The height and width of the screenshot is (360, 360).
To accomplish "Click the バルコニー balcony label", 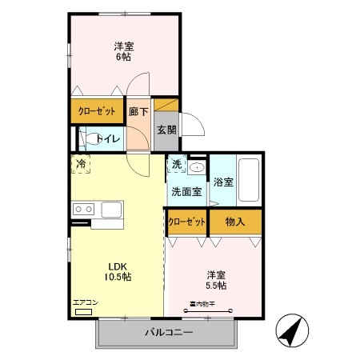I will pyautogui.click(x=168, y=332).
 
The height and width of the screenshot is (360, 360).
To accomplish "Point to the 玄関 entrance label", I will pyautogui.click(x=166, y=130).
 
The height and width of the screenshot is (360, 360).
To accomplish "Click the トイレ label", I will pyautogui.click(x=108, y=139).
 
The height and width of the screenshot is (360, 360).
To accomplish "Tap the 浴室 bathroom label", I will pyautogui.click(x=223, y=182).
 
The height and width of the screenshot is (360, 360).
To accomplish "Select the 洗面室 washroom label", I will pyautogui.click(x=186, y=192).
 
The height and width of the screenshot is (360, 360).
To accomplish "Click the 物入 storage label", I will pyautogui.click(x=234, y=222).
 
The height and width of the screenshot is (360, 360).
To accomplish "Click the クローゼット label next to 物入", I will pyautogui.click(x=186, y=222).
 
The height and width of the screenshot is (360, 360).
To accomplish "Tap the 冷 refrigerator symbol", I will pyautogui.click(x=81, y=164).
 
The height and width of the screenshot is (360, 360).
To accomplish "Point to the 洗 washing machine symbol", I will pyautogui.click(x=176, y=165).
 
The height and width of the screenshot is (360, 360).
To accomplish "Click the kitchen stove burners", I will pyautogui.click(x=82, y=210).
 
